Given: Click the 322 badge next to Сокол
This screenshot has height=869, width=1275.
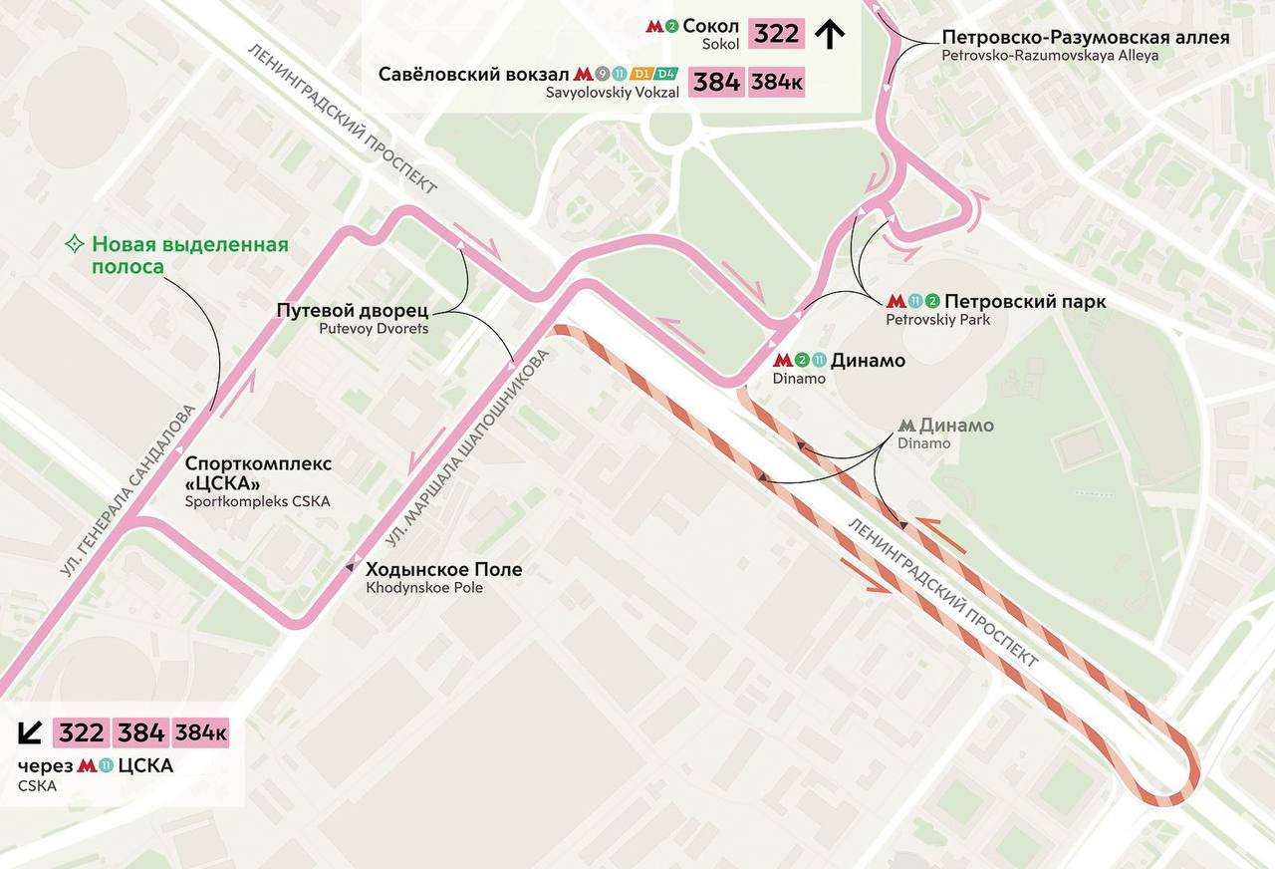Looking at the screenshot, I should point(776,34).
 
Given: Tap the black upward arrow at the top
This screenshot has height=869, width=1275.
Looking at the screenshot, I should point(830,35).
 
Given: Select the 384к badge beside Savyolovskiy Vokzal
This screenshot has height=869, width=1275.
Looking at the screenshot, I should point(777,83).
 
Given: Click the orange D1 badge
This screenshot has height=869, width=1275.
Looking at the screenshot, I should point(642,74).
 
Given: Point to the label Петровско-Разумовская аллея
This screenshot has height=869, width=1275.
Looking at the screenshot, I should point(1085,38).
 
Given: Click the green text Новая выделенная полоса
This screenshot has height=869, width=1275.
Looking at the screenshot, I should point(189,255).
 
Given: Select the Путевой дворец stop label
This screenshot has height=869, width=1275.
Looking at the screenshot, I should point(352,311).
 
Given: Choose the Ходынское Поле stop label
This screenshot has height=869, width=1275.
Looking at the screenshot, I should point(443,570).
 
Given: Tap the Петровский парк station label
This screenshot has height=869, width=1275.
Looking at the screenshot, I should point(1024,302).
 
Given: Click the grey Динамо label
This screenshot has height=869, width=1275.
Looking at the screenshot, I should point(956,426).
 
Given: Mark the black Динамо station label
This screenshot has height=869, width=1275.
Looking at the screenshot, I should point(867,361).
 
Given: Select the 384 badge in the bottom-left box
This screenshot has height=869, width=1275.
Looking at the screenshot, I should point(141,732).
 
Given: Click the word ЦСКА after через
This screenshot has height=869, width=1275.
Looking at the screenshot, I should point(145,765).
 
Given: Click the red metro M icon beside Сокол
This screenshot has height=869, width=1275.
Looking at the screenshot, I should point(655,27).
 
